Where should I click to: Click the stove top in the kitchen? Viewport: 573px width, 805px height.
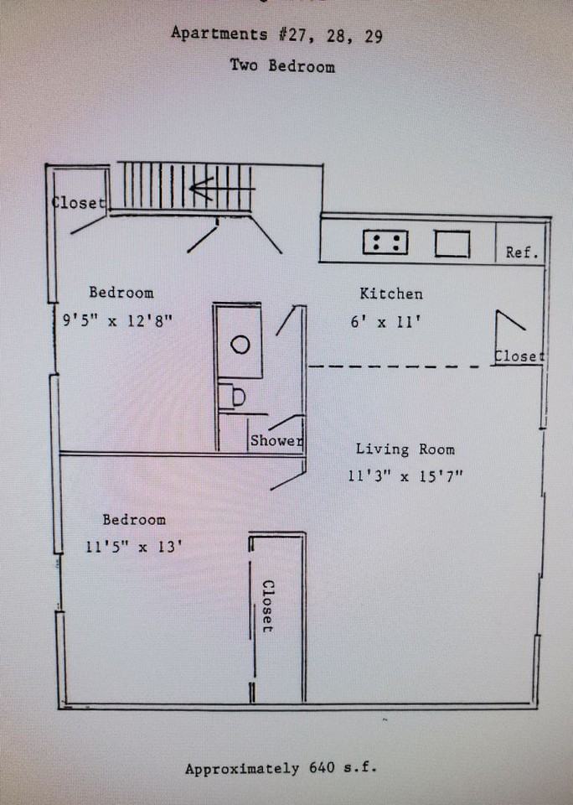pyautogui.click(x=385, y=242)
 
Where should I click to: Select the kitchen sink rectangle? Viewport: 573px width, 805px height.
pyautogui.click(x=452, y=243)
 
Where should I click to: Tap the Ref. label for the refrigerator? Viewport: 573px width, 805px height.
pyautogui.click(x=522, y=252)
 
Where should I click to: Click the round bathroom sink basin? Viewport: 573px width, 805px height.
pyautogui.click(x=240, y=345)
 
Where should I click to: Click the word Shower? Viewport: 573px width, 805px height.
pyautogui.click(x=276, y=440)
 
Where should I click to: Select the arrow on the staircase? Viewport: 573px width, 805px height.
pyautogui.click(x=222, y=189)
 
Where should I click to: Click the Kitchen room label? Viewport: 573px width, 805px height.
pyautogui.click(x=391, y=293)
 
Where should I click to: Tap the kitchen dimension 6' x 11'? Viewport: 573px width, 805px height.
pyautogui.click(x=385, y=322)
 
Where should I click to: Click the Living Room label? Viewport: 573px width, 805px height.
pyautogui.click(x=405, y=449)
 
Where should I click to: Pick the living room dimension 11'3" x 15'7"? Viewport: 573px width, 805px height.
pyautogui.click(x=405, y=476)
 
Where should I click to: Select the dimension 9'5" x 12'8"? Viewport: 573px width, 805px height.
pyautogui.click(x=117, y=320)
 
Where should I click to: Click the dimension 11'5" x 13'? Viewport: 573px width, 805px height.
pyautogui.click(x=133, y=546)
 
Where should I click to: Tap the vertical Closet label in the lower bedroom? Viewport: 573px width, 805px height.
pyautogui.click(x=268, y=606)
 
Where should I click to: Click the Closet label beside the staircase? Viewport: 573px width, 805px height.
pyautogui.click(x=79, y=202)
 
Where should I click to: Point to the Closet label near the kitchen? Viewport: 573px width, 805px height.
pyautogui.click(x=519, y=356)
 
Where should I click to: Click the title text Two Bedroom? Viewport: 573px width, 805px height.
pyautogui.click(x=282, y=65)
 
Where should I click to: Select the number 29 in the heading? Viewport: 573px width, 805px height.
pyautogui.click(x=374, y=36)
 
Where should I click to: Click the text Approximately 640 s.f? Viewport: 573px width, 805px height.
pyautogui.click(x=281, y=769)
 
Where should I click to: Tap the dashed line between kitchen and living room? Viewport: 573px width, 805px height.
pyautogui.click(x=394, y=366)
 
